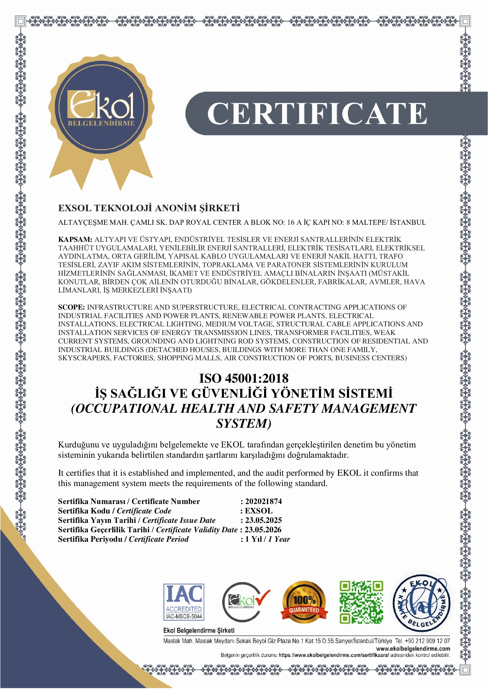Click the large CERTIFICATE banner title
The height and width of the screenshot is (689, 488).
(x=317, y=113)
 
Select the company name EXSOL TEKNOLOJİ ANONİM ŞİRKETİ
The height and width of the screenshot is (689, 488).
(x=149, y=208)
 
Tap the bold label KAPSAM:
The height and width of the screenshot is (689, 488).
(x=75, y=239)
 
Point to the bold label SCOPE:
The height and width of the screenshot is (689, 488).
(x=71, y=307)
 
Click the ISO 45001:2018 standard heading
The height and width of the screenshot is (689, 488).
(x=244, y=379)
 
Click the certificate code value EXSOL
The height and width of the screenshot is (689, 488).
(x=259, y=511)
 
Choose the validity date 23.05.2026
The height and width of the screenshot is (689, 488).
(x=263, y=530)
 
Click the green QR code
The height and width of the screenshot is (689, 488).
(x=361, y=602)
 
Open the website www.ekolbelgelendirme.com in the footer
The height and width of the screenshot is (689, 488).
(x=413, y=649)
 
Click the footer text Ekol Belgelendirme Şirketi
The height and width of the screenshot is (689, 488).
(x=199, y=630)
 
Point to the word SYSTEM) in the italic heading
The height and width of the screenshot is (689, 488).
(x=244, y=423)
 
